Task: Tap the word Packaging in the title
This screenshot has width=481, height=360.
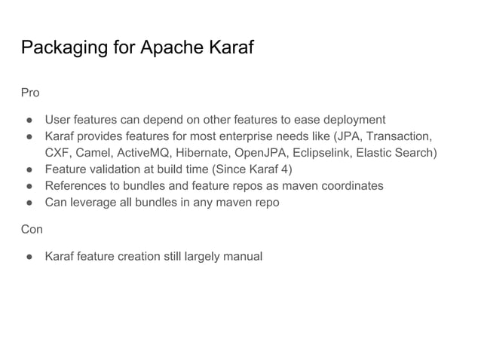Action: pyautogui.click(x=59, y=49)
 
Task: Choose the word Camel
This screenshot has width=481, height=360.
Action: pyautogui.click(x=96, y=153)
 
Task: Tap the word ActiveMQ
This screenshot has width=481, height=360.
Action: pyautogui.click(x=149, y=153)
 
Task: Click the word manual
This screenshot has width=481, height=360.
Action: pyautogui.click(x=244, y=257)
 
